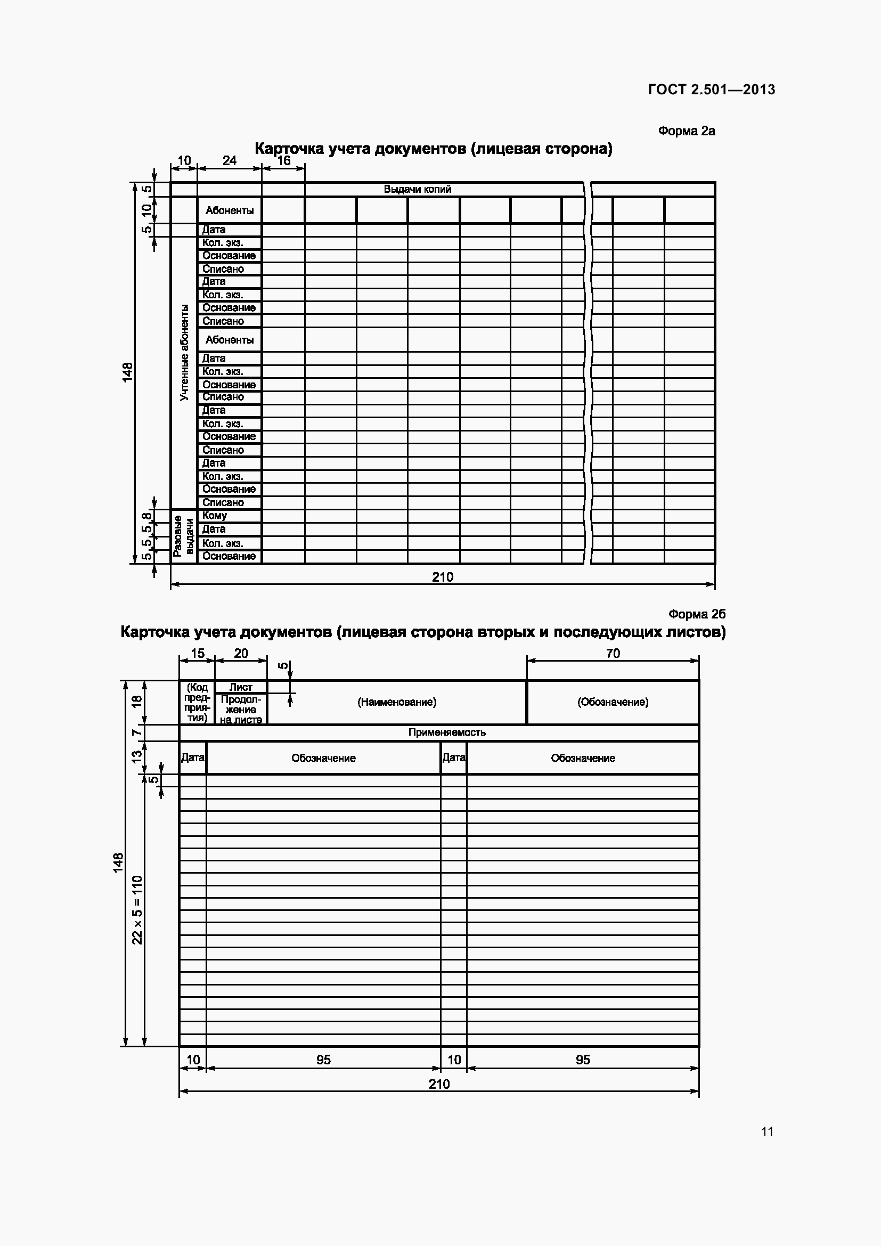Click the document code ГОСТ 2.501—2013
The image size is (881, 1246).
(x=711, y=89)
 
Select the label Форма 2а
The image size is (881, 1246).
(x=686, y=131)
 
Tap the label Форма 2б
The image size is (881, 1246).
(x=697, y=614)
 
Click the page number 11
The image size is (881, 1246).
(x=766, y=1131)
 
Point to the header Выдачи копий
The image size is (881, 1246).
(x=417, y=190)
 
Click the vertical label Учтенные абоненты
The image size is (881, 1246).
(x=184, y=352)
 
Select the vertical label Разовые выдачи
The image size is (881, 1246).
(x=183, y=537)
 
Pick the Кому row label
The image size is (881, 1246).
(x=214, y=516)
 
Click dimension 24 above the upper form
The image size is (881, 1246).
(x=230, y=161)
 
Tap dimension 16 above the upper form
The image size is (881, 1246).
(x=284, y=161)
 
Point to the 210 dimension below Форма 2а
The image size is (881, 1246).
(x=442, y=577)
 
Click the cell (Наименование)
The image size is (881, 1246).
(x=397, y=702)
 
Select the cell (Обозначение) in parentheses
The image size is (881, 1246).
(x=613, y=702)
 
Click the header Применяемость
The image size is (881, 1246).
(x=446, y=732)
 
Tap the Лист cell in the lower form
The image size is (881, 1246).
(x=240, y=687)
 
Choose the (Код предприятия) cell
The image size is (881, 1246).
(x=197, y=702)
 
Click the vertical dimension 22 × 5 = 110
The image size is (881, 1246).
(x=137, y=909)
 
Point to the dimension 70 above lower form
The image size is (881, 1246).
(x=613, y=654)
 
